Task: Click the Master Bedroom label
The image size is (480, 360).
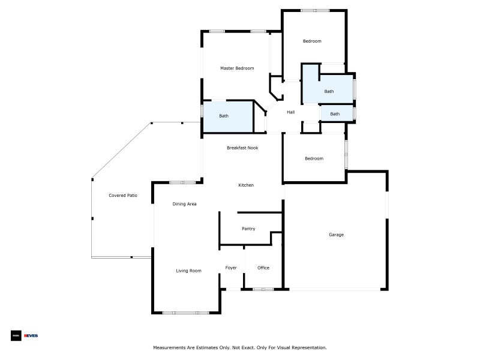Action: pyautogui.click(x=237, y=68)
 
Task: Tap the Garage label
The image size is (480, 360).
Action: pyautogui.click(x=336, y=235)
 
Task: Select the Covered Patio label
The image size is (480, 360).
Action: pyautogui.click(x=123, y=196)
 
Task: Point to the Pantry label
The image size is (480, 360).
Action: pyautogui.click(x=248, y=229)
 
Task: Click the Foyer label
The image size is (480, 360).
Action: pyautogui.click(x=231, y=268)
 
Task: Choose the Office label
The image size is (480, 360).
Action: pyautogui.click(x=263, y=268)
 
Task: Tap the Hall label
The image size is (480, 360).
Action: pyautogui.click(x=291, y=112)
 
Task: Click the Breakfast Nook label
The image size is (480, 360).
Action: pyautogui.click(x=242, y=148)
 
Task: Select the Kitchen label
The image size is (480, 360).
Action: pyautogui.click(x=246, y=185)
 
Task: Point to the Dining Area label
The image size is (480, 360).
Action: pyautogui.click(x=184, y=204)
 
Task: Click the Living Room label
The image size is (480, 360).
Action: pyautogui.click(x=188, y=271)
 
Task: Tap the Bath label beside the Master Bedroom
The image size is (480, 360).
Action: pyautogui.click(x=224, y=116)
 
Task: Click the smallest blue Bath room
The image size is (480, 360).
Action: pyautogui.click(x=337, y=113)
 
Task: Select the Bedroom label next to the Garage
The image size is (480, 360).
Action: pyautogui.click(x=314, y=158)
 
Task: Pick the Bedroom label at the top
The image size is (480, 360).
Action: pyautogui.click(x=312, y=41)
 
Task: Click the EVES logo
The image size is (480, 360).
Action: pyautogui.click(x=31, y=336)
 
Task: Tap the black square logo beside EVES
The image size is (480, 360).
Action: pyautogui.click(x=16, y=336)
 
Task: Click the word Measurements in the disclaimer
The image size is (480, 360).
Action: pyautogui.click(x=169, y=348)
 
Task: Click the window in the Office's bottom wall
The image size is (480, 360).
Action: pyautogui.click(x=263, y=289)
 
